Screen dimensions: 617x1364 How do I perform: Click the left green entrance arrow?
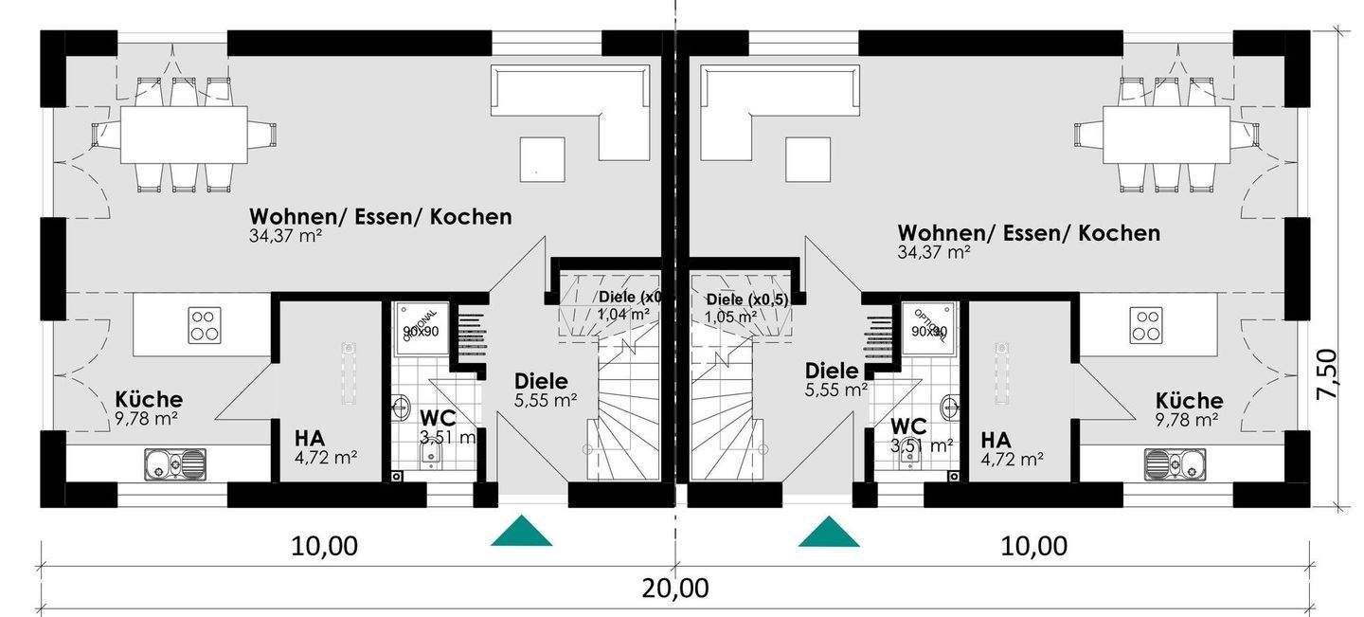tap(521, 533)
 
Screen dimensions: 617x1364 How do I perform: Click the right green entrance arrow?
tap(829, 533)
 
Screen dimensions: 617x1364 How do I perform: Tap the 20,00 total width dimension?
tap(675, 588)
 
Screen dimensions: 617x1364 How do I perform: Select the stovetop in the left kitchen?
tap(204, 324)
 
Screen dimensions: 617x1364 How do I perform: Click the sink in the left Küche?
tap(175, 464)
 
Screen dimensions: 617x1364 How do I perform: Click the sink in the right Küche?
tap(1172, 464)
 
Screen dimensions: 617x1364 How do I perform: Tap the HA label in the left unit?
tap(310, 439)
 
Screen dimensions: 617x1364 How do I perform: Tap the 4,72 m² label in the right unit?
tap(1013, 460)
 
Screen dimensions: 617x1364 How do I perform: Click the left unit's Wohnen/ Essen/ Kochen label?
tap(380, 216)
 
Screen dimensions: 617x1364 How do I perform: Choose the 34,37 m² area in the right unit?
tap(934, 252)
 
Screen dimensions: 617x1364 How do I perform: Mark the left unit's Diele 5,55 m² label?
tap(543, 390)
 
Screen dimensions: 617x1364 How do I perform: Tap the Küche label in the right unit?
tap(1190, 401)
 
